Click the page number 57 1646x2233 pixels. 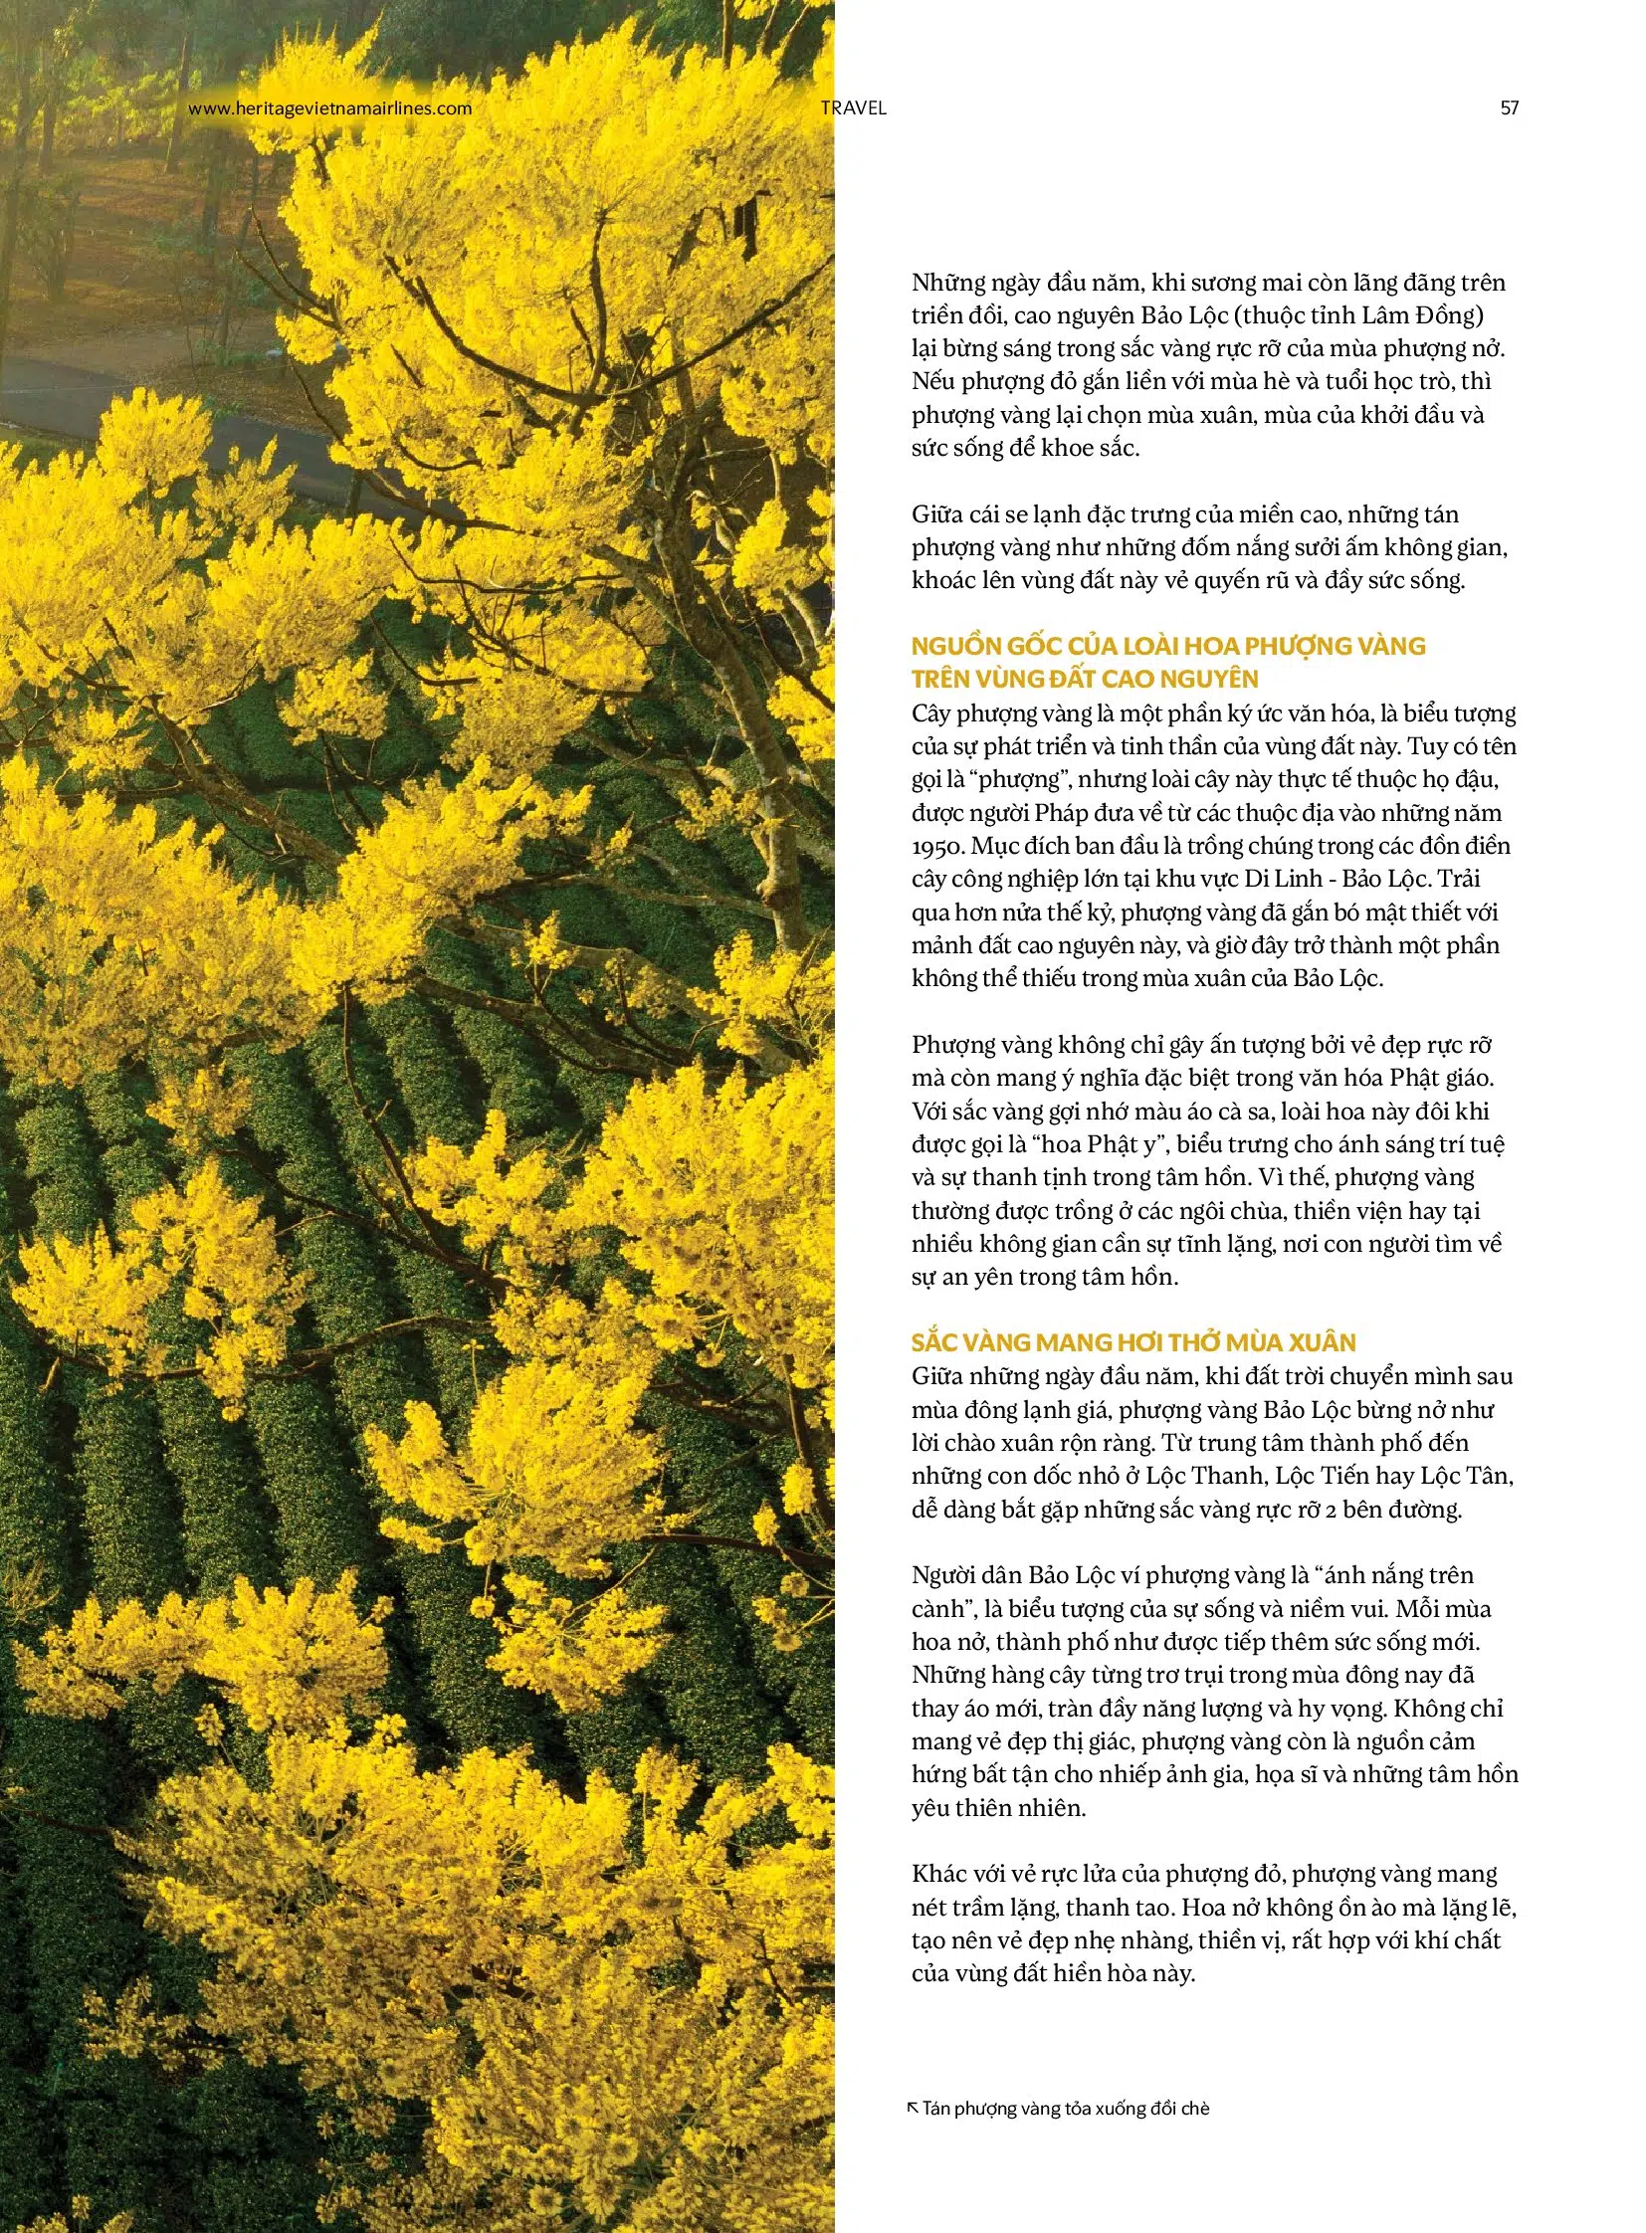click(1509, 108)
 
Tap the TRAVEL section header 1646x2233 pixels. click(853, 108)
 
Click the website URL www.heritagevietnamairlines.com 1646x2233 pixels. click(329, 108)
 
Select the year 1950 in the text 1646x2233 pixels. click(936, 847)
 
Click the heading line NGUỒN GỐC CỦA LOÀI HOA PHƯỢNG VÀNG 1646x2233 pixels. click(1167, 646)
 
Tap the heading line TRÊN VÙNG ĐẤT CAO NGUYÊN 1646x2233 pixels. click(1085, 679)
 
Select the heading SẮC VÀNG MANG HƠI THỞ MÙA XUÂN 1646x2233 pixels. click(1133, 1342)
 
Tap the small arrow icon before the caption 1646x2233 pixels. click(913, 2107)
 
